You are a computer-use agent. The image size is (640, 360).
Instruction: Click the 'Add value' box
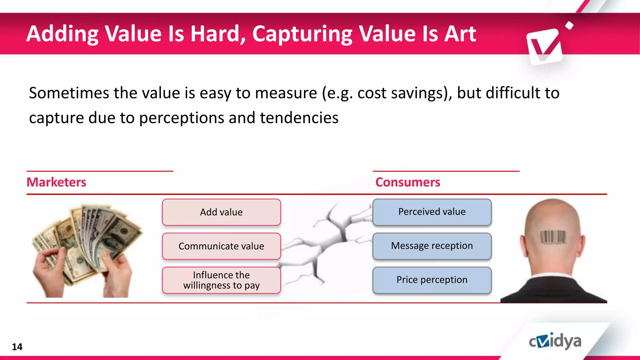[221, 212]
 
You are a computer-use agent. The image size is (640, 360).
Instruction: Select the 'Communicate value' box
[221, 246]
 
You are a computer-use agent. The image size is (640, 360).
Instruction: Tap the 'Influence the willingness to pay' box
[221, 280]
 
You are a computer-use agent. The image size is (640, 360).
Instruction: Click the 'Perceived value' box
[432, 212]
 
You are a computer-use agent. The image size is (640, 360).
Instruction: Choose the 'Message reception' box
[432, 246]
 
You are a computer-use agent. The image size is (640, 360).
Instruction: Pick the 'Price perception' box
[432, 280]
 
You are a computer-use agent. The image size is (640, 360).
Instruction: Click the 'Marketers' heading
[56, 182]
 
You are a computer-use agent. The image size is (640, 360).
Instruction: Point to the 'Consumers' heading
[407, 182]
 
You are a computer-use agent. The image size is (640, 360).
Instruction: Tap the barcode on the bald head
[553, 237]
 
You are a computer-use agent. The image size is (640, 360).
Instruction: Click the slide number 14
[17, 347]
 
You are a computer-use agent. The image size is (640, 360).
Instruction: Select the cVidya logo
[555, 341]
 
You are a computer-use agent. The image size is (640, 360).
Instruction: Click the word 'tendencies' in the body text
[299, 118]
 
